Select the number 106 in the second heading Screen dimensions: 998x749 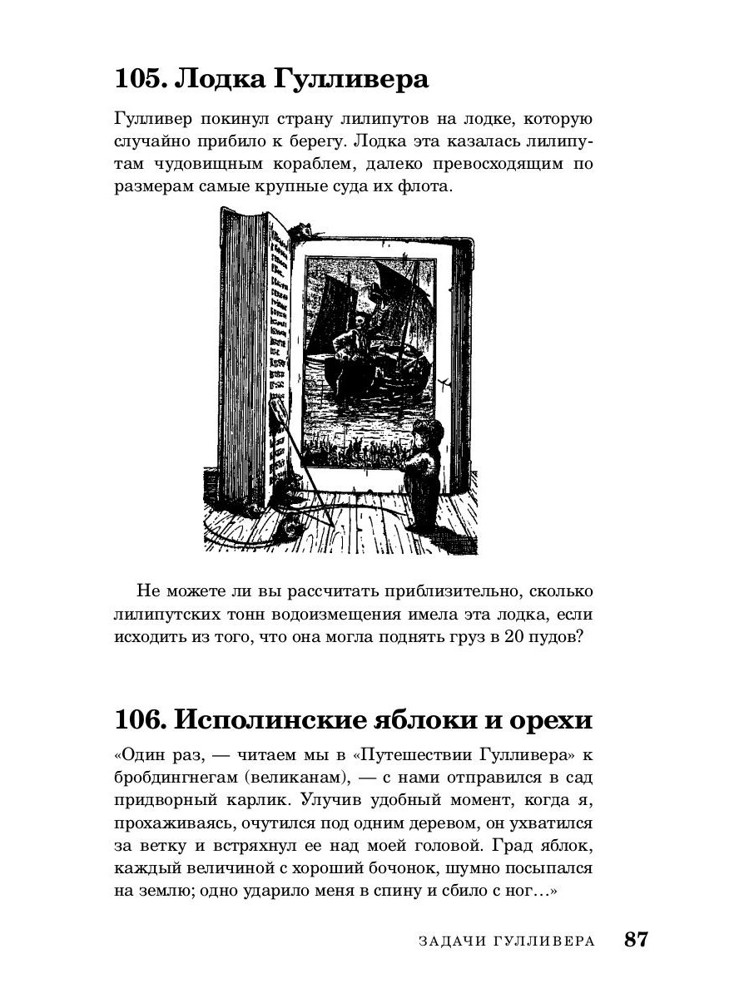[142, 718]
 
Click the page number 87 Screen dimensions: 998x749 [635, 940]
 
